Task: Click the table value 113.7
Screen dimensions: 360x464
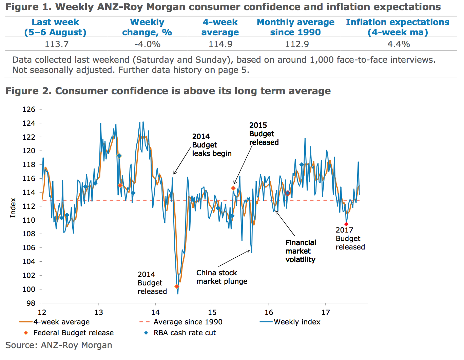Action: point(57,44)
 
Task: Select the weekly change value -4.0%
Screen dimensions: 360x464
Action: point(147,44)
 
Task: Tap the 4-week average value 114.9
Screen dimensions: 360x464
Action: point(220,44)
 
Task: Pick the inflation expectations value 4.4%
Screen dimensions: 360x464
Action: point(399,44)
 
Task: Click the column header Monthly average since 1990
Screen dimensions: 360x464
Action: point(295,27)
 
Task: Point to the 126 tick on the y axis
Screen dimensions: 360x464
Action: point(29,109)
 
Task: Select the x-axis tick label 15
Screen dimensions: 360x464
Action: point(212,313)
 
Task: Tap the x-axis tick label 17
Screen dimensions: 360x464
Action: point(326,313)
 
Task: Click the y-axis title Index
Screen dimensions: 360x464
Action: point(13,207)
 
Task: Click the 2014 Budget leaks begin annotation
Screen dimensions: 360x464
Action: point(212,145)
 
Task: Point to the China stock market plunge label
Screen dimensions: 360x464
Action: point(222,277)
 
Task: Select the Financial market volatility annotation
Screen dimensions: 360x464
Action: point(301,251)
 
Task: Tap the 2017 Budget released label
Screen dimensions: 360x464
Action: point(350,239)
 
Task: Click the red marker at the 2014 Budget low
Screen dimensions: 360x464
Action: point(177,286)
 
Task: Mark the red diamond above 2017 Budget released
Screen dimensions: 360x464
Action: point(346,224)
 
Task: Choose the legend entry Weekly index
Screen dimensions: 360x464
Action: point(297,322)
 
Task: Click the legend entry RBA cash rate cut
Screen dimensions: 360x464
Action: point(185,333)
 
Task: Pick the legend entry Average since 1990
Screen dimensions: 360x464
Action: point(188,322)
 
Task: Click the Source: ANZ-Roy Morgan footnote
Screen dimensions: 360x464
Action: point(59,345)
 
